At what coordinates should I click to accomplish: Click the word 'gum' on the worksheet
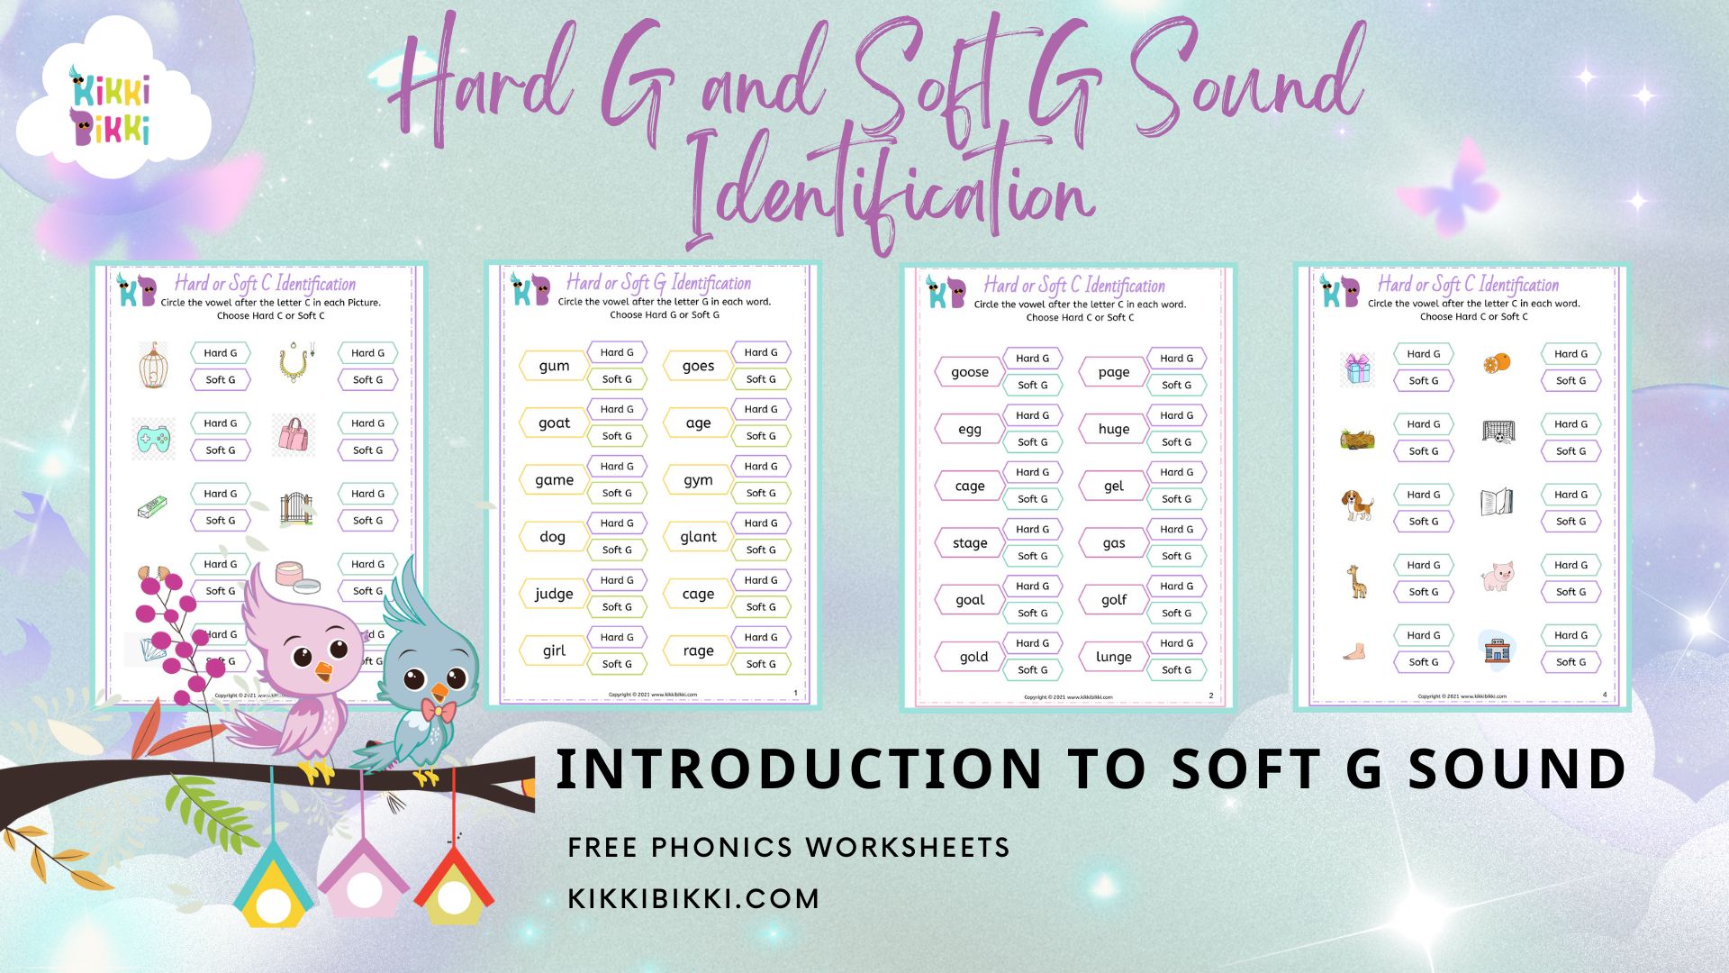point(554,366)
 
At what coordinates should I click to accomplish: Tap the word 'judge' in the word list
point(554,594)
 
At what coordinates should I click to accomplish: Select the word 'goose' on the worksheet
point(970,372)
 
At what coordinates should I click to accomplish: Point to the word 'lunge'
point(1114,657)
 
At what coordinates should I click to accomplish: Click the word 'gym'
point(698,480)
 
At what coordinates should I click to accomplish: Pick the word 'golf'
point(1114,600)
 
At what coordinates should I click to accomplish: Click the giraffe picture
point(1356,581)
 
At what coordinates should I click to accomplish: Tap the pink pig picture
point(1497,576)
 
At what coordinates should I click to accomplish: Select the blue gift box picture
point(1357,368)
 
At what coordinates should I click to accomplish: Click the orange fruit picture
point(1497,363)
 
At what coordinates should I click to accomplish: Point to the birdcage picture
point(154,366)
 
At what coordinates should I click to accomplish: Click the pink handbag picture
point(295,435)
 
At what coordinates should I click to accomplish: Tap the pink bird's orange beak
point(321,672)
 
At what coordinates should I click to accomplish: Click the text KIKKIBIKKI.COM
point(693,898)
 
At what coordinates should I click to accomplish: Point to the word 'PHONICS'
point(721,847)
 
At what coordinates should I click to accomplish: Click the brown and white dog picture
point(1357,505)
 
